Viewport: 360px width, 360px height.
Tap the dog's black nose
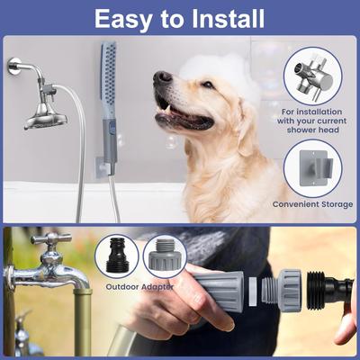click(x=162, y=79)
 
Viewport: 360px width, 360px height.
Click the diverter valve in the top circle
click(x=312, y=74)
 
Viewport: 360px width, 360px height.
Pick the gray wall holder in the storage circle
click(x=313, y=168)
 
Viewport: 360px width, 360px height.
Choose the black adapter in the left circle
click(x=117, y=256)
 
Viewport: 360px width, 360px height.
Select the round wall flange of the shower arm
click(x=15, y=66)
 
